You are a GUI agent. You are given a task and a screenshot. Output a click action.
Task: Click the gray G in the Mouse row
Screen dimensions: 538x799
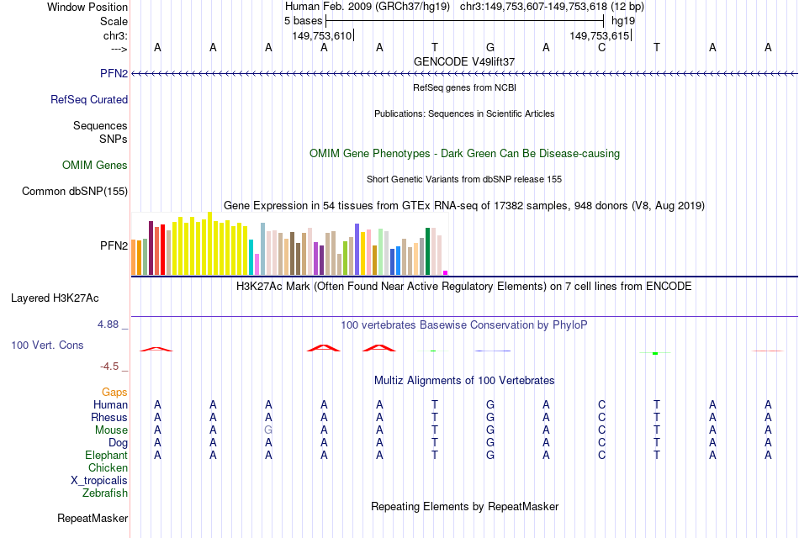(268, 430)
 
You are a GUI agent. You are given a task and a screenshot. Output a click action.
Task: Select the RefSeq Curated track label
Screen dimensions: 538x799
(89, 99)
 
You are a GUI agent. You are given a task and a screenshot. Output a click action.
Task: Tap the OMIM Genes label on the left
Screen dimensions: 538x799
(95, 166)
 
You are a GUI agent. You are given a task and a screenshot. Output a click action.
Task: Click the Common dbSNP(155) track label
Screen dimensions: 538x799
(75, 192)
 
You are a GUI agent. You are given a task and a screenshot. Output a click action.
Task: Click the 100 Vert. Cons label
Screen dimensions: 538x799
(47, 345)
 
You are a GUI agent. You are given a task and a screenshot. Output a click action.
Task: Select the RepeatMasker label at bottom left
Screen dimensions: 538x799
(93, 518)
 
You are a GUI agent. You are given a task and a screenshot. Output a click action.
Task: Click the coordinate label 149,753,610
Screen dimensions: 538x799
(322, 35)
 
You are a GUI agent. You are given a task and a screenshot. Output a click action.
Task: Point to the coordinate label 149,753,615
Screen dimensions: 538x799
(600, 35)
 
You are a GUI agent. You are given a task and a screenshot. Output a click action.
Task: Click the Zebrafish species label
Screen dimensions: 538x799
(105, 493)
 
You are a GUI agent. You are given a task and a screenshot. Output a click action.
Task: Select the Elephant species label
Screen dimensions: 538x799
(105, 456)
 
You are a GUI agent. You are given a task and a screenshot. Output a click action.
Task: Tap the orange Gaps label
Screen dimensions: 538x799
(114, 393)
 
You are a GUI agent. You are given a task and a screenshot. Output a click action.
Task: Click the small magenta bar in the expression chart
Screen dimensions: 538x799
(446, 272)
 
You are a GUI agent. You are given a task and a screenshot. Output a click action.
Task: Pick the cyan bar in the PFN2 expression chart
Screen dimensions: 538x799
(251, 257)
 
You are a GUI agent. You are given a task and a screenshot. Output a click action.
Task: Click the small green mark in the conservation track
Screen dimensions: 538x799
(654, 353)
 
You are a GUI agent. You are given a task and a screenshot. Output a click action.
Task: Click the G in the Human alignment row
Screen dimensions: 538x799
(490, 405)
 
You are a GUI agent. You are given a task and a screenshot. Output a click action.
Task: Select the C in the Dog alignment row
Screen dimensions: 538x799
(601, 443)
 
